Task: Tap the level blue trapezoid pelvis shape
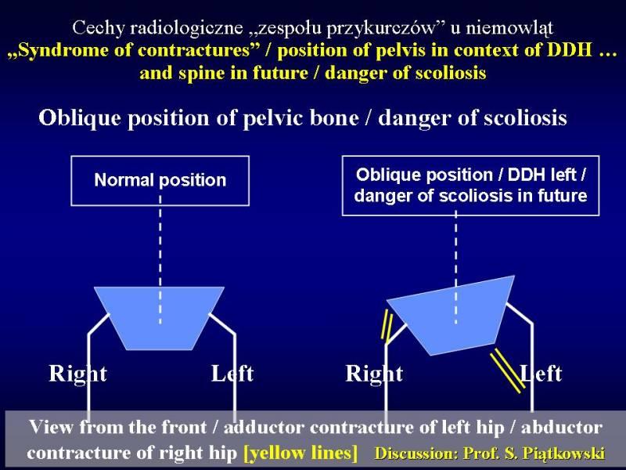tap(160, 318)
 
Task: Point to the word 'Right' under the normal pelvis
tap(77, 374)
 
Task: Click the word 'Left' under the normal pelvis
tap(232, 374)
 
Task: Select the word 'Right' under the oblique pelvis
tap(374, 374)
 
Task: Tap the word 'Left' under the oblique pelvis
tap(541, 374)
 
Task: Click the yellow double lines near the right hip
tap(387, 327)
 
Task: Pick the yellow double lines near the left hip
tap(507, 371)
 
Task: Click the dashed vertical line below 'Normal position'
tap(160, 260)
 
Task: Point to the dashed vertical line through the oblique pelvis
tap(456, 268)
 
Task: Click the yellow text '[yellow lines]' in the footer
tap(300, 453)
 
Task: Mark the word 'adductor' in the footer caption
tap(264, 427)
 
